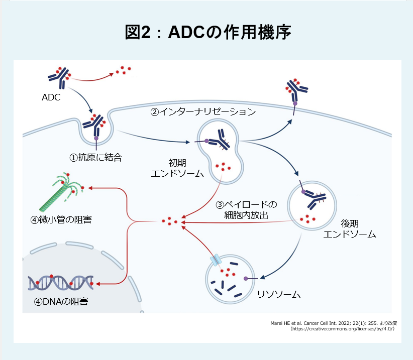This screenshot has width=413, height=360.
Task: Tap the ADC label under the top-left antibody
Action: tap(51, 97)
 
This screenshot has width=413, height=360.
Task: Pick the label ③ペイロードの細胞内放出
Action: tap(246, 210)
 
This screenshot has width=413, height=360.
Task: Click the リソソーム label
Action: tap(278, 294)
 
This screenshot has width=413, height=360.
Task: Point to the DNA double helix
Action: tap(61, 283)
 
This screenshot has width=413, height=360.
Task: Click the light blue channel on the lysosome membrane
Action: tap(216, 259)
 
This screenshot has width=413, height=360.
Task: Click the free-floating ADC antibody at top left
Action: tap(59, 75)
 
